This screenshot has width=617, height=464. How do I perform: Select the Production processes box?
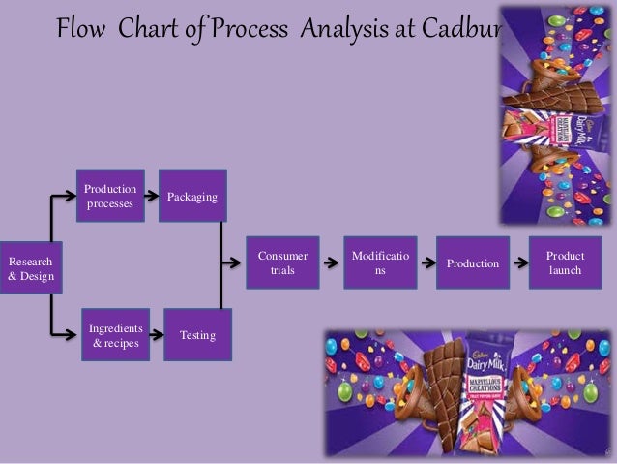coord(111,196)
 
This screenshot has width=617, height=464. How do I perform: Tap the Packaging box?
coord(192,197)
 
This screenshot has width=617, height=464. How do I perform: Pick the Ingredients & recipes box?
coord(115,334)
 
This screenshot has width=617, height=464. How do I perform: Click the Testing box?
coord(197,335)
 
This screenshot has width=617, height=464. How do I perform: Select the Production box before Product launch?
coord(473,263)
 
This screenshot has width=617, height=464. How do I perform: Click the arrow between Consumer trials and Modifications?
coord(331,262)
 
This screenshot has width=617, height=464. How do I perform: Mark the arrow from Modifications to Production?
coord(426,262)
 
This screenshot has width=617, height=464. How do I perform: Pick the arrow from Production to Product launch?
coord(518,262)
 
